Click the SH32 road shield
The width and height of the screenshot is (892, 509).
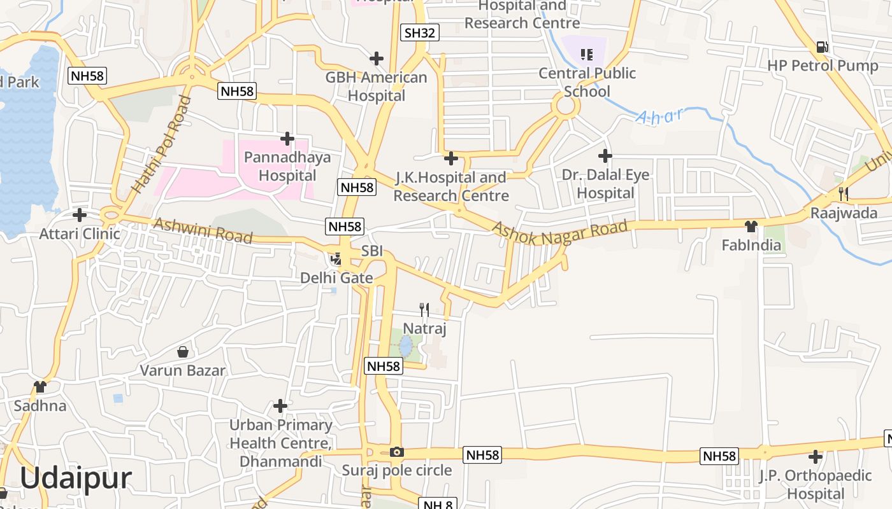[x=420, y=32]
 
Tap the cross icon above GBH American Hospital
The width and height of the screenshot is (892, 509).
[x=377, y=59]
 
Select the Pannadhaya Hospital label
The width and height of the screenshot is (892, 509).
[x=288, y=166]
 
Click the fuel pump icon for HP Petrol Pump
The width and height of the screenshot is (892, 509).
[x=823, y=46]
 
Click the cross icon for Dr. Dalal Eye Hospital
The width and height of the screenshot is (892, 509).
[x=605, y=155]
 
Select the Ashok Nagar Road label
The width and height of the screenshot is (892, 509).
[x=559, y=232]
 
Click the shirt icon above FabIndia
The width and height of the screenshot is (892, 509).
[x=751, y=226]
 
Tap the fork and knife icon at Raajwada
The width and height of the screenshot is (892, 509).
[x=843, y=193]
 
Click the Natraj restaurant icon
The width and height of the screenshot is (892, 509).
[x=424, y=310]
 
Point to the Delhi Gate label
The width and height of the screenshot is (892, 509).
[x=336, y=278]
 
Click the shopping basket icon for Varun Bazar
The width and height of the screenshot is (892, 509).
[x=183, y=351]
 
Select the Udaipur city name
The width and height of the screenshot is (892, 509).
[x=76, y=478]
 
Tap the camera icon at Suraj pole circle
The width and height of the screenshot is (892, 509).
[x=397, y=452]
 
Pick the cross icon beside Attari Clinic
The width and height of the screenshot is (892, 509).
[x=80, y=215]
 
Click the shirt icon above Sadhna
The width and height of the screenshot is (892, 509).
[x=40, y=386]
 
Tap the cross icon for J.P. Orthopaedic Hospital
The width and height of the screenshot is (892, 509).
[x=815, y=456]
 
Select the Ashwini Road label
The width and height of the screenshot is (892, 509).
[x=203, y=230]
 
